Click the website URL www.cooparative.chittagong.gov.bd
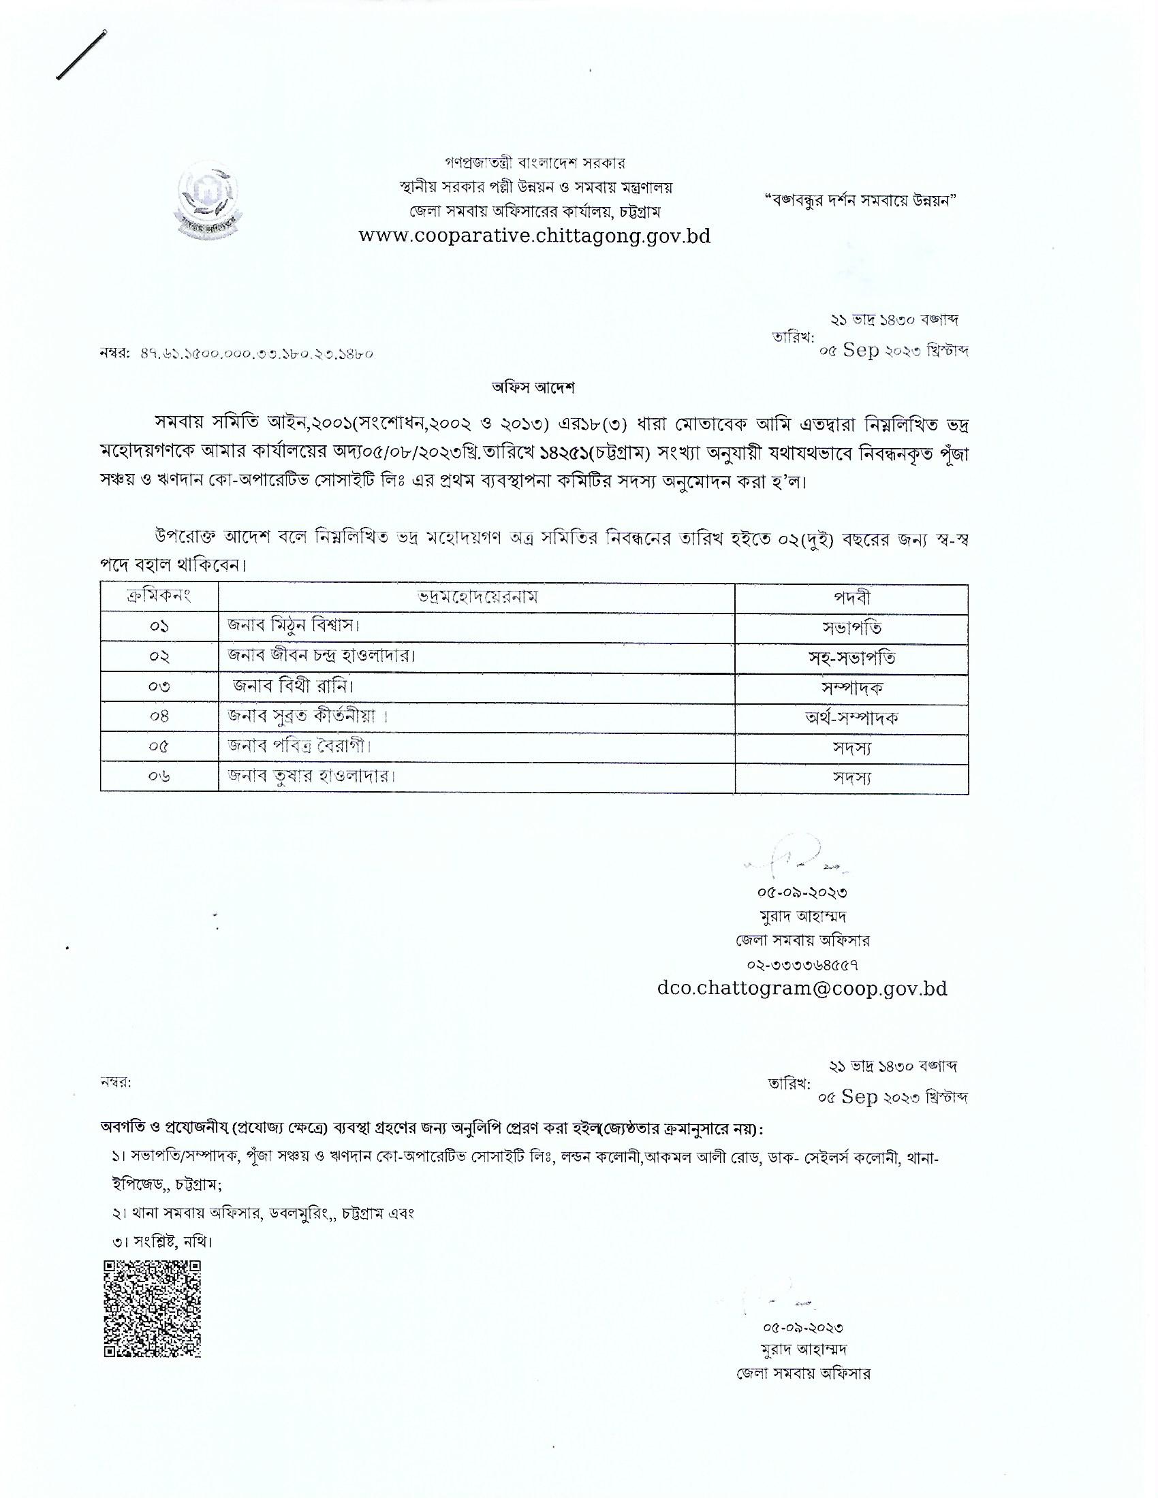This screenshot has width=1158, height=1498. [535, 237]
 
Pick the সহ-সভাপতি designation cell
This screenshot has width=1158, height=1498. [851, 658]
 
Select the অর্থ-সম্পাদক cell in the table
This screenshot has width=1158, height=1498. [851, 718]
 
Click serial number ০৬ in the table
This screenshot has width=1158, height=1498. [159, 776]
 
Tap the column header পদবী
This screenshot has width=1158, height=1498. [851, 597]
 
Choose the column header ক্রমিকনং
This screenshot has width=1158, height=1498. [159, 596]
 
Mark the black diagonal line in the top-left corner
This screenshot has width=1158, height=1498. [80, 54]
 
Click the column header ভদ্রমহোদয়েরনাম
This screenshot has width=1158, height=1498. [478, 596]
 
